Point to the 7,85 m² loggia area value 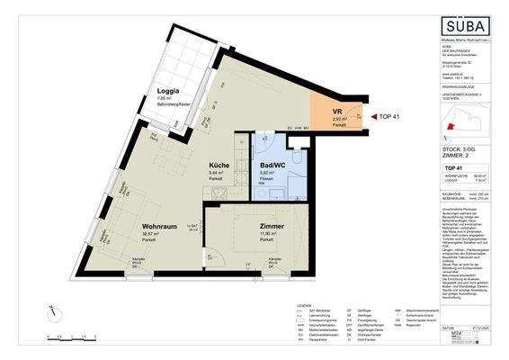165,99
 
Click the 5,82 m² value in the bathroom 267,174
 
